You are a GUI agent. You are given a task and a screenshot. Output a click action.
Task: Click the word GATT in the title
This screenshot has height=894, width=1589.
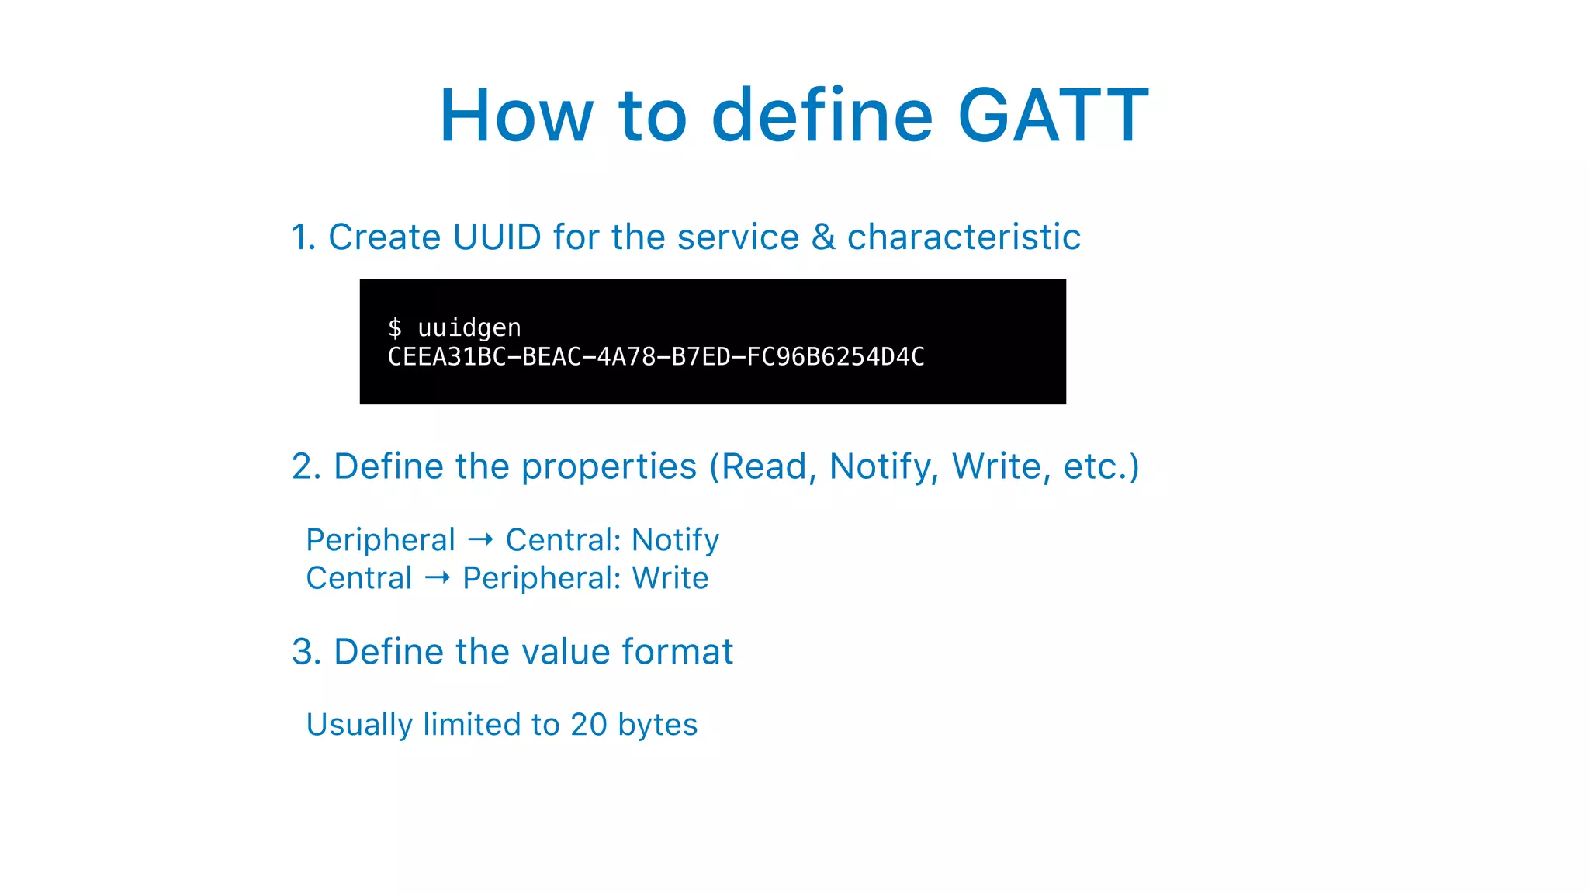(1053, 116)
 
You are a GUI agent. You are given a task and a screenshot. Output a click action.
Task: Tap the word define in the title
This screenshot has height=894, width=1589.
(822, 116)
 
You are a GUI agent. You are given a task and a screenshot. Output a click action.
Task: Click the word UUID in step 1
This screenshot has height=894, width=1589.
(497, 237)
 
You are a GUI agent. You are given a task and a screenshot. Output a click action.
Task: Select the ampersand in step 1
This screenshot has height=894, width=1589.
(822, 237)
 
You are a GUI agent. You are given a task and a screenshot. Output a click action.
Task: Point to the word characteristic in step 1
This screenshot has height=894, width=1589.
(964, 237)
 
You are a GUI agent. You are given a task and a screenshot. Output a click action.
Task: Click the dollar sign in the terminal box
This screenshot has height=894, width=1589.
(395, 327)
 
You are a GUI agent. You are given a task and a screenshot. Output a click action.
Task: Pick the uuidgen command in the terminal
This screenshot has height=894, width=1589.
(469, 328)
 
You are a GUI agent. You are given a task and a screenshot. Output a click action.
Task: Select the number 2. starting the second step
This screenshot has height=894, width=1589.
(306, 466)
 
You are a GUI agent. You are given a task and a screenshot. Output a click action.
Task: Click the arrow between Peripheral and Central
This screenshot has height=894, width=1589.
(480, 539)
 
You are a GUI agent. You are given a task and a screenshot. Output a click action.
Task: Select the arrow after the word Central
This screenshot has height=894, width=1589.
(438, 577)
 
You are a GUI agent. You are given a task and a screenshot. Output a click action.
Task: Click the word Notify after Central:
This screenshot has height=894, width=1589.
(675, 540)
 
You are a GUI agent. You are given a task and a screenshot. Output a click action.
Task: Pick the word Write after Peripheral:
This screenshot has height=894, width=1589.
(670, 578)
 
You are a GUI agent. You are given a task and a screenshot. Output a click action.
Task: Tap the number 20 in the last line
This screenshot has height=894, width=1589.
(588, 725)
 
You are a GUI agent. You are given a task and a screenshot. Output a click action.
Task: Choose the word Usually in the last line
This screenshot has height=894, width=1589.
(359, 725)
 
